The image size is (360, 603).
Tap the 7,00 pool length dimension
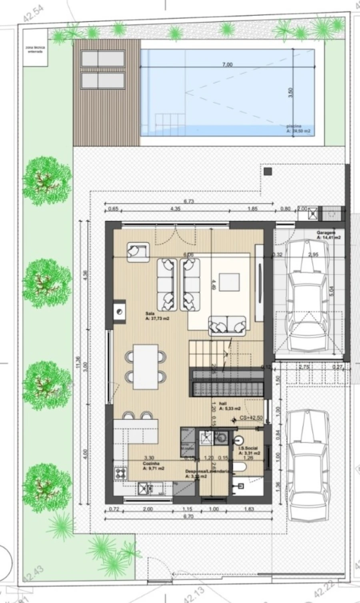[x=227, y=65]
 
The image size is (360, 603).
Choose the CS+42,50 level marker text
[x=251, y=418]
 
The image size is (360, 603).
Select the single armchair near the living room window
[x=138, y=252]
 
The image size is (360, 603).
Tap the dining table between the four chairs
[x=145, y=367]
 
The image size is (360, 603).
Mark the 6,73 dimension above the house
[x=188, y=201]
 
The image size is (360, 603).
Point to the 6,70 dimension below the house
[x=188, y=516]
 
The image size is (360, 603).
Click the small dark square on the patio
[x=268, y=171]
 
